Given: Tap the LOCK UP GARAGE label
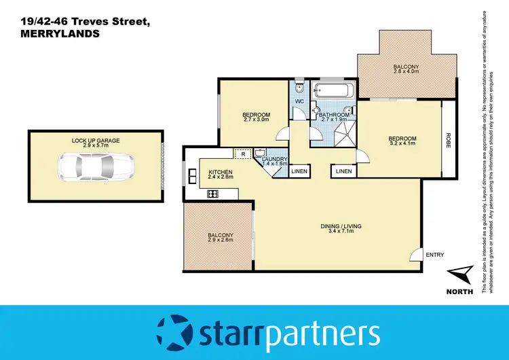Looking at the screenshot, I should click(96, 140).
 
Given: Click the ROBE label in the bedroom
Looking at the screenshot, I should click(448, 140).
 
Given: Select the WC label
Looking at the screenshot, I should click(299, 102).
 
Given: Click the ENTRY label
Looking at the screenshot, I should click(434, 255).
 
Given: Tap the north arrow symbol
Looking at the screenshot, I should click(459, 275).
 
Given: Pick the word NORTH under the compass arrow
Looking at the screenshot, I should click(460, 292).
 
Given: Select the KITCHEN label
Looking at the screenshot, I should click(221, 171).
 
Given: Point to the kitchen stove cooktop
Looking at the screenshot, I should click(212, 195).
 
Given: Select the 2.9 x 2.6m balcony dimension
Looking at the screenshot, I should click(221, 240).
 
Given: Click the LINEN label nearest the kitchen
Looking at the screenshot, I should click(299, 171).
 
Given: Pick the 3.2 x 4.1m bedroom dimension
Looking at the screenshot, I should click(402, 144).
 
